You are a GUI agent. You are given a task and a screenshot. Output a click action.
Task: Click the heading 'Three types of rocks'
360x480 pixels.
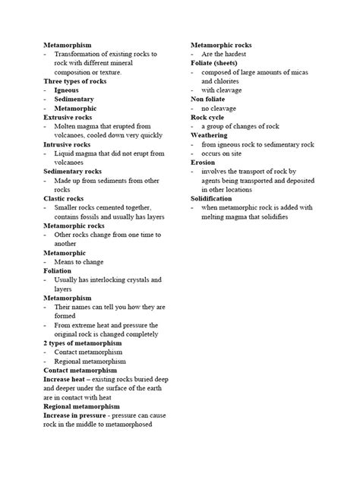point(75,81)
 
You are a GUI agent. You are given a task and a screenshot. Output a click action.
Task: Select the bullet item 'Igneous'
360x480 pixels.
point(66,90)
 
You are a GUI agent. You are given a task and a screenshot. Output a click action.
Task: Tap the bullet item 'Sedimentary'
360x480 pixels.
point(74,99)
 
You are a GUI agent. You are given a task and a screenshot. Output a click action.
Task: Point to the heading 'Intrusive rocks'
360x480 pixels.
point(68,144)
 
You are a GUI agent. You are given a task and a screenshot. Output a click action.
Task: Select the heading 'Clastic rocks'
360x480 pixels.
point(64,198)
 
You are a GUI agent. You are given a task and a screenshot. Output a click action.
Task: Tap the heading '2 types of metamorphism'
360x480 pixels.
point(82,343)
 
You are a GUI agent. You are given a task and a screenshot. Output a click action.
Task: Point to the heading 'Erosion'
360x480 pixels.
point(203,162)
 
